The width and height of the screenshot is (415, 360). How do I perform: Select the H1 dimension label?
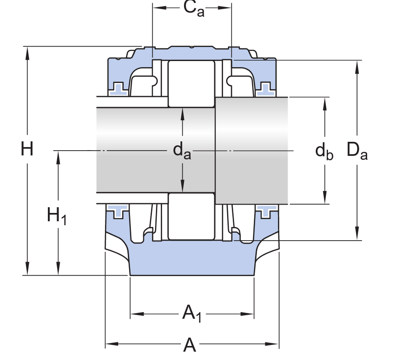57,216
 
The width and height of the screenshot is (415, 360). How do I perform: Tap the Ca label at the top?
194,9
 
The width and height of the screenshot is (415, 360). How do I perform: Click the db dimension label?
325,151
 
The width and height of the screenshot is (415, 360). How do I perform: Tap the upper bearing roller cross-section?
191,83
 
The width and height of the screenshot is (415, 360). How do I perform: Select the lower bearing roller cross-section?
191,217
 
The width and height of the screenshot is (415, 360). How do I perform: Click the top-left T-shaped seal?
118,88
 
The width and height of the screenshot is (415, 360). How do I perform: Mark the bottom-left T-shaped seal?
118,211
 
